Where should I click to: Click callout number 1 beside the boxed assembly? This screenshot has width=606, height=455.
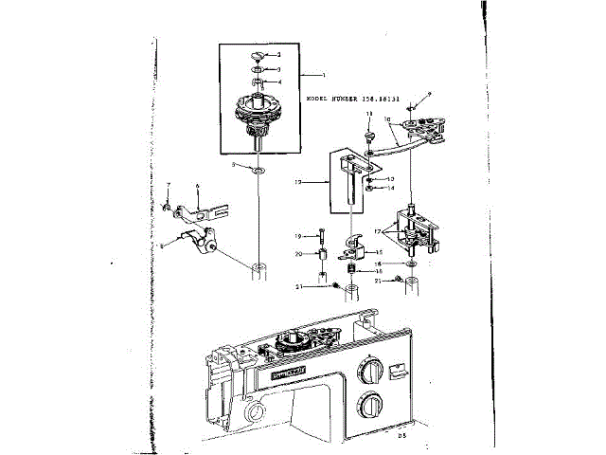tap(322, 74)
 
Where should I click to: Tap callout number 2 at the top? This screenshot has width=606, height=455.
tap(278, 56)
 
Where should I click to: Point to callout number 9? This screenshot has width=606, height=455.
tap(429, 93)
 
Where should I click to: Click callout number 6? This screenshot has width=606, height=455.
tap(197, 187)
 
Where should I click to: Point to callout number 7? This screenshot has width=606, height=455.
tap(168, 184)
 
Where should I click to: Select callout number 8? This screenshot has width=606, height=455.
tap(162, 245)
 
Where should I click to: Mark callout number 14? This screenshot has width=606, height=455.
tap(390, 188)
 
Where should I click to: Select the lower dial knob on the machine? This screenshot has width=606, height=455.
tap(369, 407)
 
